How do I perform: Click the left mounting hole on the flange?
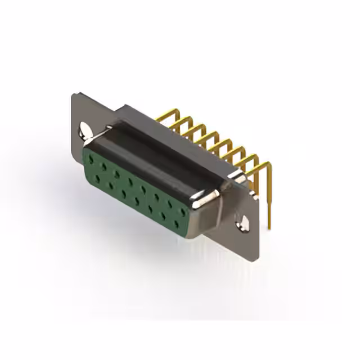coord(84,130)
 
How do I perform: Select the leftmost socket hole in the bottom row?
coord(98,178)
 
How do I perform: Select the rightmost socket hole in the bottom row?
coord(177,224)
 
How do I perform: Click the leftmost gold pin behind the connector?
coord(163,118)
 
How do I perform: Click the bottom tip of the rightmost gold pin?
coord(269,227)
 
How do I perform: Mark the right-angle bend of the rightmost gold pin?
coord(268,165)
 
